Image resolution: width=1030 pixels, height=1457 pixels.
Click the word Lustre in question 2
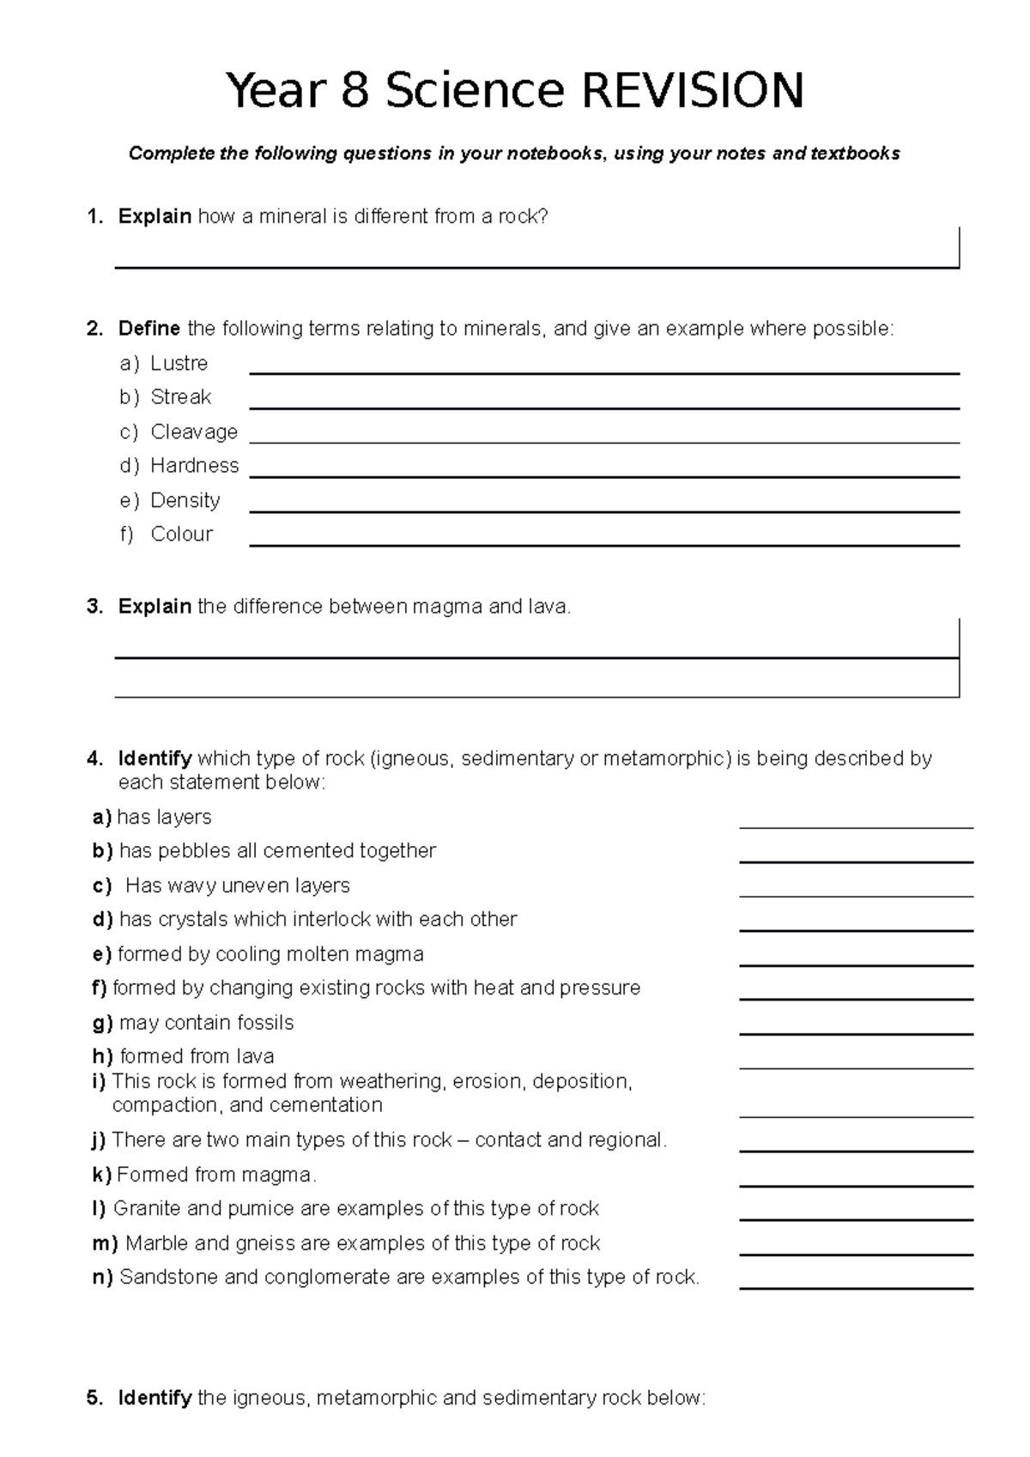click(179, 363)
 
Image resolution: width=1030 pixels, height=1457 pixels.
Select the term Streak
click(180, 397)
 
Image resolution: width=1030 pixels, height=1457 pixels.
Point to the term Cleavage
click(194, 432)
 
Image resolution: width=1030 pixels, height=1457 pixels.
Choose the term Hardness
click(194, 465)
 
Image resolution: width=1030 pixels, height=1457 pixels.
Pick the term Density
click(185, 500)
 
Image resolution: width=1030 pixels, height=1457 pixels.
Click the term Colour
click(181, 534)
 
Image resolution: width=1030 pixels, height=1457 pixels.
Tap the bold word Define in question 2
click(148, 329)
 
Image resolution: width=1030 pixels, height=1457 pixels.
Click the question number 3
click(94, 607)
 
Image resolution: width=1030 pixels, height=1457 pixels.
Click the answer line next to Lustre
click(603, 372)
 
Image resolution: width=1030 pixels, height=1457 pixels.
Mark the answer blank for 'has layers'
click(856, 825)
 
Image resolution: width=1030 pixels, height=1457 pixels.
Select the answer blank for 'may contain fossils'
click(856, 1031)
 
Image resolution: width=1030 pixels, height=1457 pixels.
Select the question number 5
click(94, 1398)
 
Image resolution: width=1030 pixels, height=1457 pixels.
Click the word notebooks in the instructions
click(554, 154)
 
